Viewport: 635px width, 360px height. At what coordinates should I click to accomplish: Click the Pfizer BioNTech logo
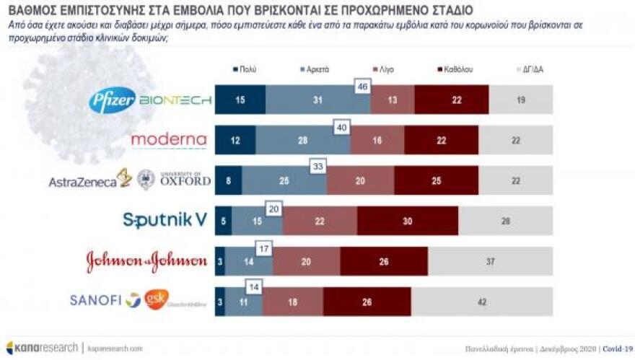(x=150, y=100)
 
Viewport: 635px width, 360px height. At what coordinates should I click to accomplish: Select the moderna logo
(x=168, y=140)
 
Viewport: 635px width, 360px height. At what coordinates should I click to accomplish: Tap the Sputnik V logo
(x=165, y=220)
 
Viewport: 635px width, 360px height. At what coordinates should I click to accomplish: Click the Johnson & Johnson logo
(x=146, y=261)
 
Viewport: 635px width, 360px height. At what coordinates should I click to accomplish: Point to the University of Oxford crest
(x=146, y=180)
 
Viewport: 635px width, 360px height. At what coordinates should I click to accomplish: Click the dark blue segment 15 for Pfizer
(x=240, y=100)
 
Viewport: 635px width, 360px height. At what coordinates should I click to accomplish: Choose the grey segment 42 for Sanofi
(x=482, y=302)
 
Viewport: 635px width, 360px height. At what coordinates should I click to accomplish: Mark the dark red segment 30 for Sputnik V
(x=408, y=221)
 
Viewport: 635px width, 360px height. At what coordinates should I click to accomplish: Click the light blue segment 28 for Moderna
(x=303, y=141)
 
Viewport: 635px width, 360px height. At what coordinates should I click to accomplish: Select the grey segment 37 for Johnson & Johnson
(x=491, y=261)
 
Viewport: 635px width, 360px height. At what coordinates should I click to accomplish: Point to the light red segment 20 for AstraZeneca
(x=360, y=180)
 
